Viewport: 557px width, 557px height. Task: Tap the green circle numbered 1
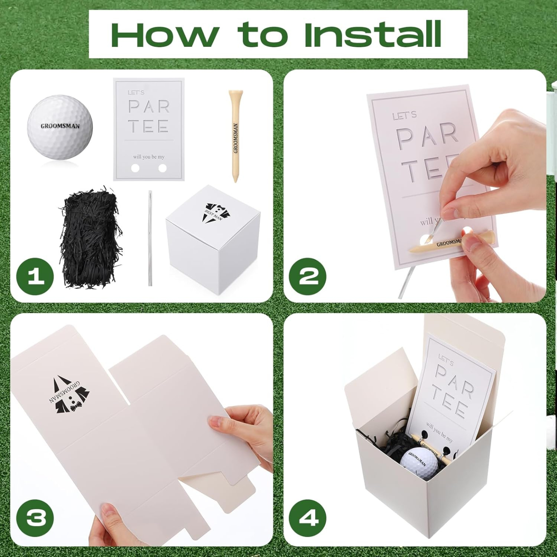coord(36,277)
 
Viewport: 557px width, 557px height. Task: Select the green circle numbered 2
coord(308,277)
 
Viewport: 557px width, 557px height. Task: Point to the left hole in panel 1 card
coord(135,168)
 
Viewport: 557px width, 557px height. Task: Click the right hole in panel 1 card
coord(162,168)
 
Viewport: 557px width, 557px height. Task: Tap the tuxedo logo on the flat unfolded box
coord(70,395)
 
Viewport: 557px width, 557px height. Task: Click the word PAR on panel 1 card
coord(149,106)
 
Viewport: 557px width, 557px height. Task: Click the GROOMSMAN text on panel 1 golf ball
coord(60,126)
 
